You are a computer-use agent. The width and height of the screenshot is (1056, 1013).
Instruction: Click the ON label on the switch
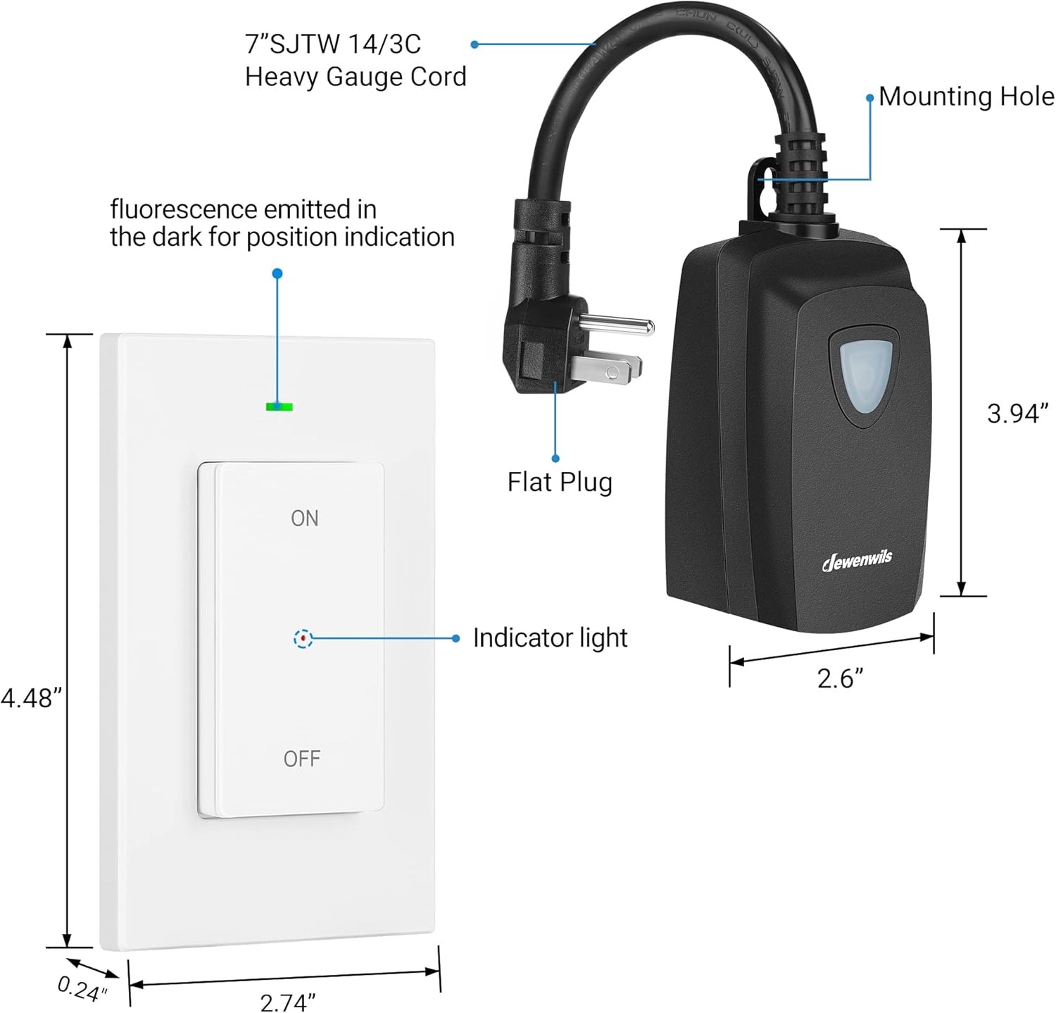(305, 518)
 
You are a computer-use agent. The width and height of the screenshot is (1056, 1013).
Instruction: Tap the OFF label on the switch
(302, 759)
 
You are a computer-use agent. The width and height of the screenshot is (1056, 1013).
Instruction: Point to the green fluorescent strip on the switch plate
(279, 406)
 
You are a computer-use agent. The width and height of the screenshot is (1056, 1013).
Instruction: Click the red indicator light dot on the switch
(303, 638)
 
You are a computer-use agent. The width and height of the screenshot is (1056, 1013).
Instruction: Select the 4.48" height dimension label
(32, 698)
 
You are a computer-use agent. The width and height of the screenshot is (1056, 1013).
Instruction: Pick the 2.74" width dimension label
(287, 1001)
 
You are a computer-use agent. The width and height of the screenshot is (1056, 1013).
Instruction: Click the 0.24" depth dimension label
(82, 988)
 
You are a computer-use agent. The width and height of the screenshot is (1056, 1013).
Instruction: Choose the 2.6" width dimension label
(840, 678)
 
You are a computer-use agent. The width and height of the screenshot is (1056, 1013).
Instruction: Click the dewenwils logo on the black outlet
(857, 560)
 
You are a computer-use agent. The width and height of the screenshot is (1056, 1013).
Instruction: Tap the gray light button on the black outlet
(865, 376)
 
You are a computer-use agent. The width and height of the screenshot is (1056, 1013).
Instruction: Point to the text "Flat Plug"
(560, 483)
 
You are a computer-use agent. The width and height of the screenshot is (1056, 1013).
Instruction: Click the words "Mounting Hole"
(966, 97)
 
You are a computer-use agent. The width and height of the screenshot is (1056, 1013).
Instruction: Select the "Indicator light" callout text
(550, 638)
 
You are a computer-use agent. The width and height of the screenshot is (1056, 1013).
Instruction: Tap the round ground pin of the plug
(620, 325)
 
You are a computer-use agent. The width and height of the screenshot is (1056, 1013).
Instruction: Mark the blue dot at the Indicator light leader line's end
(456, 638)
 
